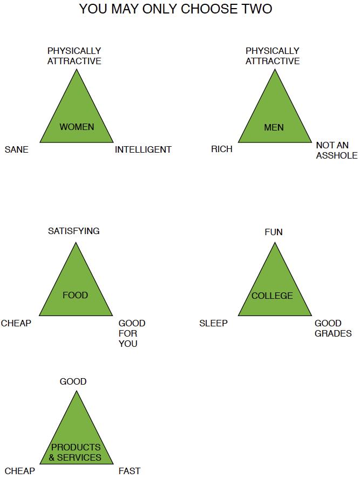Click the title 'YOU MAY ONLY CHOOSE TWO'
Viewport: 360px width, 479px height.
(175, 9)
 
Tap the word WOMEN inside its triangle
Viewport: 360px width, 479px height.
(77, 127)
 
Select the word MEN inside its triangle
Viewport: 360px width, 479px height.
(274, 128)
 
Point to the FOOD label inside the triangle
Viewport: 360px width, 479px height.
(75, 296)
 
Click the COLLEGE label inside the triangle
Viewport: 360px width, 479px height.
(272, 296)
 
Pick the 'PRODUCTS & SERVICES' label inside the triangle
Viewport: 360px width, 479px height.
(76, 452)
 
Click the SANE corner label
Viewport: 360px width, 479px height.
(16, 150)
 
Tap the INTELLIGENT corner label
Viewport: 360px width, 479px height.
(143, 150)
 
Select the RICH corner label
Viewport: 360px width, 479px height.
(222, 149)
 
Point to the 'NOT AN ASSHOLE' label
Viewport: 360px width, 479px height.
(336, 150)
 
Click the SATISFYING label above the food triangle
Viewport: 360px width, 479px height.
(74, 231)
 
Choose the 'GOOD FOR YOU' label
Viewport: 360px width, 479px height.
(131, 333)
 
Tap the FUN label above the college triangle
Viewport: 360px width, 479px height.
(274, 232)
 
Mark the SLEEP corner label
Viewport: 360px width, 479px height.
(213, 324)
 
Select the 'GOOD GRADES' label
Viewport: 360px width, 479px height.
(332, 329)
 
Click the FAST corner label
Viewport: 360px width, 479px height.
(130, 471)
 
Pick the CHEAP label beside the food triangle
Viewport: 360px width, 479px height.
(16, 324)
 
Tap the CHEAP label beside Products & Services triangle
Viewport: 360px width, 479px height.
(20, 471)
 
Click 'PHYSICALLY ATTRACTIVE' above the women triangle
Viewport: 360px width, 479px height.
(74, 56)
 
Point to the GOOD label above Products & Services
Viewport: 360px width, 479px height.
(73, 382)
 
